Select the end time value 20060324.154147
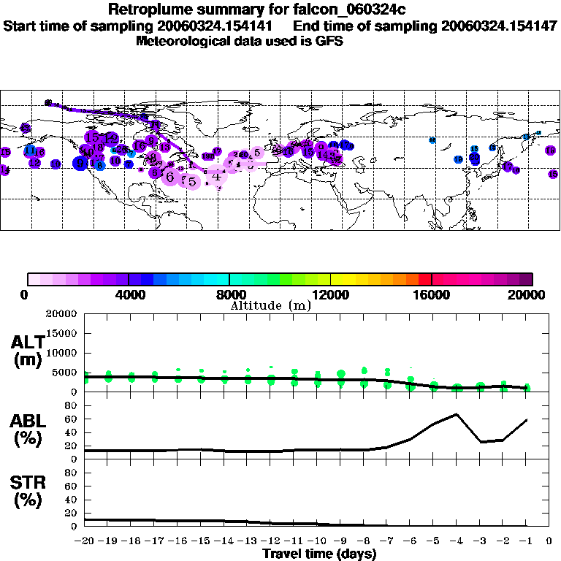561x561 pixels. click(499, 26)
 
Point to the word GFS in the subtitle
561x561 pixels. click(329, 41)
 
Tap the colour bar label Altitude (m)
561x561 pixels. click(270, 305)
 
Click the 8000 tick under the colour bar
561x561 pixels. click(229, 294)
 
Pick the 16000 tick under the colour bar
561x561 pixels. click(432, 294)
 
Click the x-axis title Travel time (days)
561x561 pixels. click(319, 554)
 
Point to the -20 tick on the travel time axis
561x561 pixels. click(85, 541)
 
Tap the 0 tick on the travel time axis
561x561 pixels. click(549, 541)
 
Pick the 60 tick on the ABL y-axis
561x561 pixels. click(72, 419)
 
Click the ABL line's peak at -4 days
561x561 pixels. click(457, 414)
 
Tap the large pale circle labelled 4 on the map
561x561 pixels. click(216, 175)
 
